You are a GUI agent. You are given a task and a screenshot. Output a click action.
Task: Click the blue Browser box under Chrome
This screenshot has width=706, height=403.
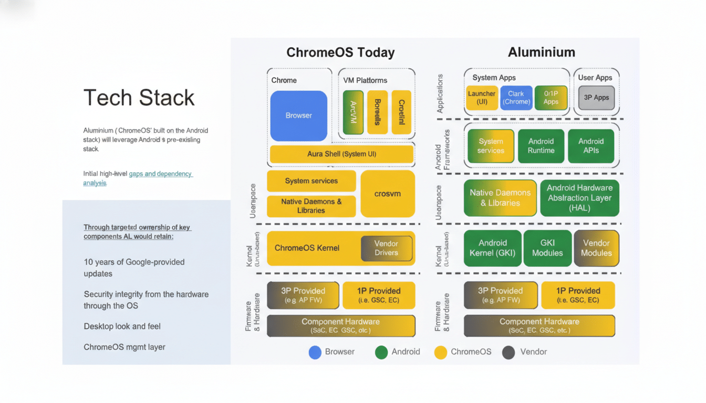[x=298, y=115]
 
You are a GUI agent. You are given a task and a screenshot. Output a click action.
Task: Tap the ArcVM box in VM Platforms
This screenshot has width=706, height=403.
[x=353, y=112]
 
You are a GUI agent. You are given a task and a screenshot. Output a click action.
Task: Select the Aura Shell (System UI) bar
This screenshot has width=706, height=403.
[x=341, y=154]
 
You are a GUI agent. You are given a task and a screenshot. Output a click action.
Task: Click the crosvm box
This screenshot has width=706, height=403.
[x=388, y=194]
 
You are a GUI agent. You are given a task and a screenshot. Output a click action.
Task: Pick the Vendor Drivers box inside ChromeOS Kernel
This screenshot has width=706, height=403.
[x=386, y=248]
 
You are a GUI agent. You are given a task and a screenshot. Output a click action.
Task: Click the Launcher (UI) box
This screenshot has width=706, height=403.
[x=481, y=98]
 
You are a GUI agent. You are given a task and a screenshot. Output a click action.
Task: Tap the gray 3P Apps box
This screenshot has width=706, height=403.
[x=596, y=98]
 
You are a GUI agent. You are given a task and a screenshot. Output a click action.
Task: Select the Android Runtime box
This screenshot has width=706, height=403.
[x=541, y=146]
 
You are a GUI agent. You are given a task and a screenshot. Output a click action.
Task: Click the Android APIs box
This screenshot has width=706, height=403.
[x=591, y=146]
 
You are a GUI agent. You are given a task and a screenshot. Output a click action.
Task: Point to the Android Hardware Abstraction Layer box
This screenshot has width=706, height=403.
[x=579, y=198]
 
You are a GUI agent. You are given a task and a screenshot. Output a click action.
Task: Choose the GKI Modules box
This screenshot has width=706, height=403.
[x=547, y=248]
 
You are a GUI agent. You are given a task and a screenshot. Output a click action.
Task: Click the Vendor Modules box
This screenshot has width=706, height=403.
[x=596, y=248]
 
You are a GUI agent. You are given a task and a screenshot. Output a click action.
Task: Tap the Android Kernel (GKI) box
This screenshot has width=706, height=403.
[x=492, y=248]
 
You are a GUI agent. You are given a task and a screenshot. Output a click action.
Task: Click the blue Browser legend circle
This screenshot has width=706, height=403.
[x=315, y=352]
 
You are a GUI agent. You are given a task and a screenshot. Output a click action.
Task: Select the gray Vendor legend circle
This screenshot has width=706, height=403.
[x=508, y=352]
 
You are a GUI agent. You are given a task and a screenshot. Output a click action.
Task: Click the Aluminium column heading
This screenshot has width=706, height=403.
[x=541, y=52]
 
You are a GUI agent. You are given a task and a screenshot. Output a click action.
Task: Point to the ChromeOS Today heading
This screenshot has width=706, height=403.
[x=340, y=52]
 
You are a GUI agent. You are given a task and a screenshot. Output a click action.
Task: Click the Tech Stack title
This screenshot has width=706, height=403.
[x=139, y=98]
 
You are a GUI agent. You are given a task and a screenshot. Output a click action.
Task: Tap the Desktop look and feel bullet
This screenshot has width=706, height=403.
[x=122, y=326]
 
